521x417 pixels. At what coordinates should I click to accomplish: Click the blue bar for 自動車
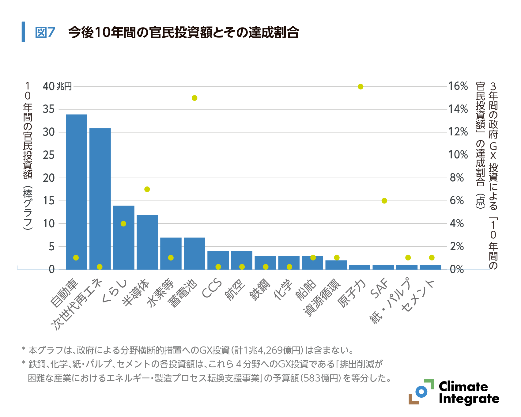77,191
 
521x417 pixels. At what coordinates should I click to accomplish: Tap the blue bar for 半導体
147,242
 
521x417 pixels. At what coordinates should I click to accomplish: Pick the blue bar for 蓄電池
194,253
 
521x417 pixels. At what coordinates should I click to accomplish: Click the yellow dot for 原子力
361,87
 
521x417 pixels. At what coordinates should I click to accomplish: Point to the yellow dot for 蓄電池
194,98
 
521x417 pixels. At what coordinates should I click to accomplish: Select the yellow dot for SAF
384,201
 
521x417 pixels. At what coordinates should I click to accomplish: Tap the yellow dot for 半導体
147,189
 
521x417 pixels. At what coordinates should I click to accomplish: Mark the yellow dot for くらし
123,224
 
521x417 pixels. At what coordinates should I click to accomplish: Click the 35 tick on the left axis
49,109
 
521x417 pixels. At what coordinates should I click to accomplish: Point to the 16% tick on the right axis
458,86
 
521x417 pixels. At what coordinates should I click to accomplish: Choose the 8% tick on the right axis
457,178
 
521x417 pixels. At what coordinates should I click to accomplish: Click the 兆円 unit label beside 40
64,87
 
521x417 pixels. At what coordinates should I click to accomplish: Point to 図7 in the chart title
45,32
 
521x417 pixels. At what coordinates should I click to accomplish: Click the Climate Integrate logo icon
421,392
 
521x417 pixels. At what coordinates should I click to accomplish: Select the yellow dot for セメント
432,258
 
